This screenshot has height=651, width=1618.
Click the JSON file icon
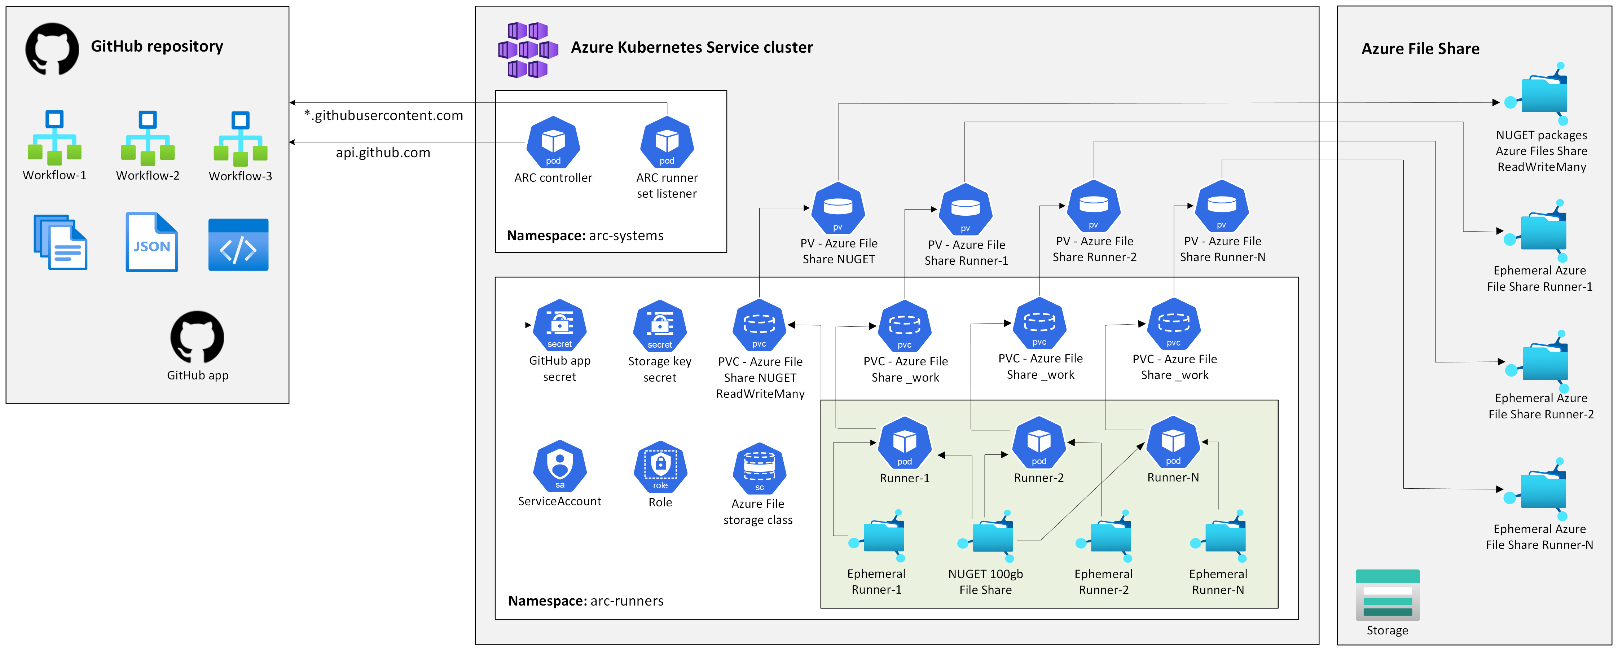[151, 243]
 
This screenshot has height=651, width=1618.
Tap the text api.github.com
[383, 153]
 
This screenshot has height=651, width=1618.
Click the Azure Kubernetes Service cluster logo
[528, 50]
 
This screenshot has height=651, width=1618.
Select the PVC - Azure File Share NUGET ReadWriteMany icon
[759, 325]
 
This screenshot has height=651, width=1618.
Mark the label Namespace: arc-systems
[585, 236]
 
